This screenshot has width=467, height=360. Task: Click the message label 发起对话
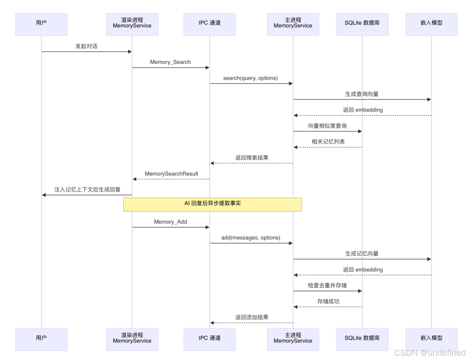(x=86, y=46)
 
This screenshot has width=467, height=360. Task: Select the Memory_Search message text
(x=170, y=62)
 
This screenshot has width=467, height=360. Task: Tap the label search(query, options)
(x=250, y=78)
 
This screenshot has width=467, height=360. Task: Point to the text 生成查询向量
(x=362, y=94)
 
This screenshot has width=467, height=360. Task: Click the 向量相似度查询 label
(x=327, y=126)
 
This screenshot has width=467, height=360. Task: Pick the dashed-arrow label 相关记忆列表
(x=328, y=141)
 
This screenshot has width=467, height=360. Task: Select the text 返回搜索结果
(x=252, y=157)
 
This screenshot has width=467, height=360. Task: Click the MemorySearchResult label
(x=171, y=174)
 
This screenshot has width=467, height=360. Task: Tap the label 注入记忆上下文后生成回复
(x=87, y=190)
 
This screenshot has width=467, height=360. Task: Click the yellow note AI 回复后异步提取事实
(x=212, y=203)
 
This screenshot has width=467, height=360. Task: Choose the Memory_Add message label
(x=170, y=222)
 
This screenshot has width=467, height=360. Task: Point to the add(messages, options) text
(x=251, y=238)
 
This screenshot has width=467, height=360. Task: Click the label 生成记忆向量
(x=362, y=254)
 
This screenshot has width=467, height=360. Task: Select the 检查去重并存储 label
(x=327, y=286)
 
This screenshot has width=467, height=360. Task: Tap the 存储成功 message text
(x=328, y=301)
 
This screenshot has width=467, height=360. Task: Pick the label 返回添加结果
(x=252, y=317)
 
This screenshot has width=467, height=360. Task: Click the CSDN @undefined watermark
(x=430, y=352)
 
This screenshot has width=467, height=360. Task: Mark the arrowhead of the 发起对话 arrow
(x=130, y=52)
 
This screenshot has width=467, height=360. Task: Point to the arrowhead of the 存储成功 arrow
(x=296, y=307)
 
